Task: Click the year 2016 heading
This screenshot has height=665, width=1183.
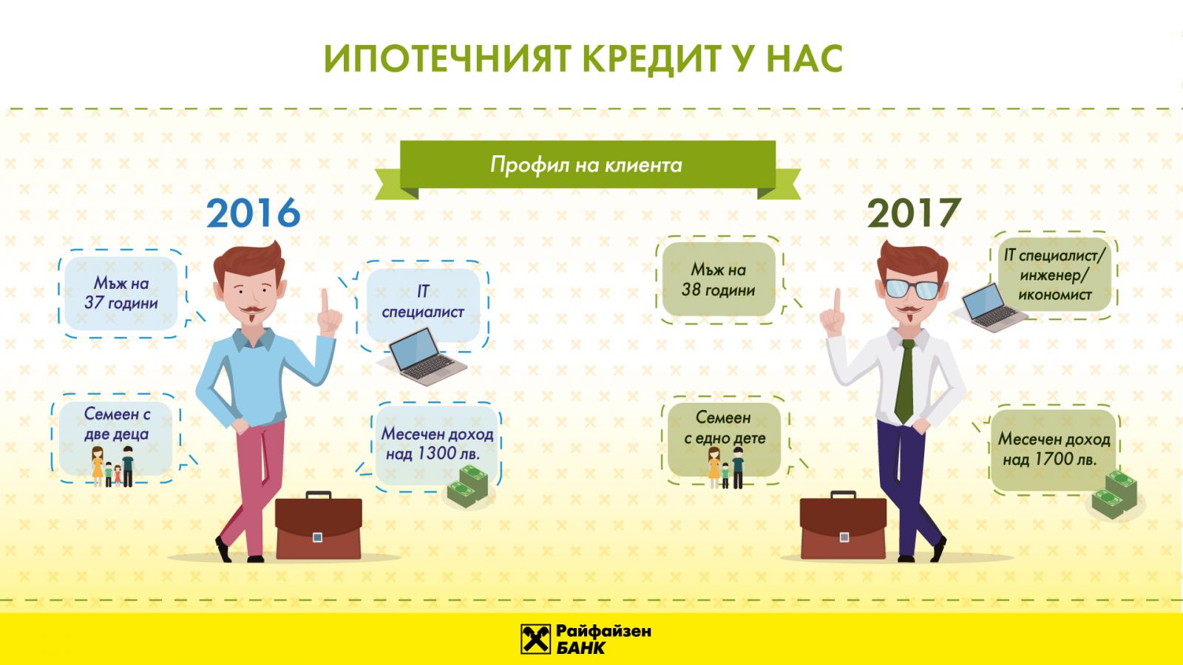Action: (253, 214)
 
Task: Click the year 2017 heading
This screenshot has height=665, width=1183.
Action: (914, 214)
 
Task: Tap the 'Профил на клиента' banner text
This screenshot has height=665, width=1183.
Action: (586, 166)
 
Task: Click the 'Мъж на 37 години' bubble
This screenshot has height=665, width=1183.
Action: (121, 293)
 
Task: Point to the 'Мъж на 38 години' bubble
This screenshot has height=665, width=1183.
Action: (718, 280)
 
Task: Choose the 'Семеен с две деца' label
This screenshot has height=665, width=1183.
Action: (117, 424)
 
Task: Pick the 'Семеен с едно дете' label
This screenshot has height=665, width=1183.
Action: (724, 428)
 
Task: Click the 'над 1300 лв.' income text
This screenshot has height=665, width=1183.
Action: (433, 454)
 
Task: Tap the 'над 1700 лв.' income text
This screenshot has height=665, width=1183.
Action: (1050, 459)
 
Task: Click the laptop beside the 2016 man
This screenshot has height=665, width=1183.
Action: (421, 357)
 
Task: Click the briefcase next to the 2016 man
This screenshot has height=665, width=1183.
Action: (319, 525)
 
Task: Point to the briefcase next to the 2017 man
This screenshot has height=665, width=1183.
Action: (843, 525)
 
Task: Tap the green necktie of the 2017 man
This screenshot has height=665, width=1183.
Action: (905, 380)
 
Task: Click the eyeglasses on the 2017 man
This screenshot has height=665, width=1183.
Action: (912, 289)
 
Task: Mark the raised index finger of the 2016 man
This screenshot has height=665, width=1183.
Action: (325, 301)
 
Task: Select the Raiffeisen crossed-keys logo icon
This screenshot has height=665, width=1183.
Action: (535, 638)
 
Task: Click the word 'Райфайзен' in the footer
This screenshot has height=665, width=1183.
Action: (603, 631)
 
